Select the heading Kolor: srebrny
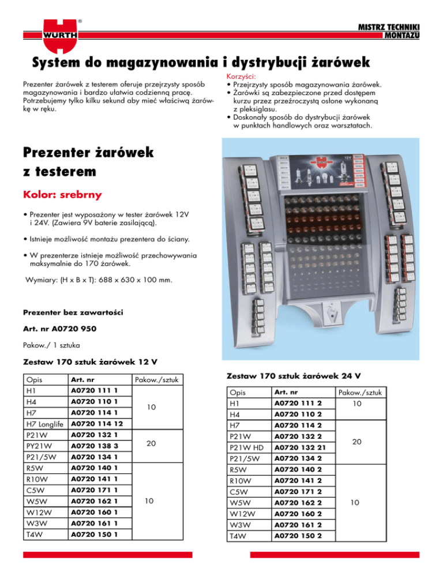[62, 195]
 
